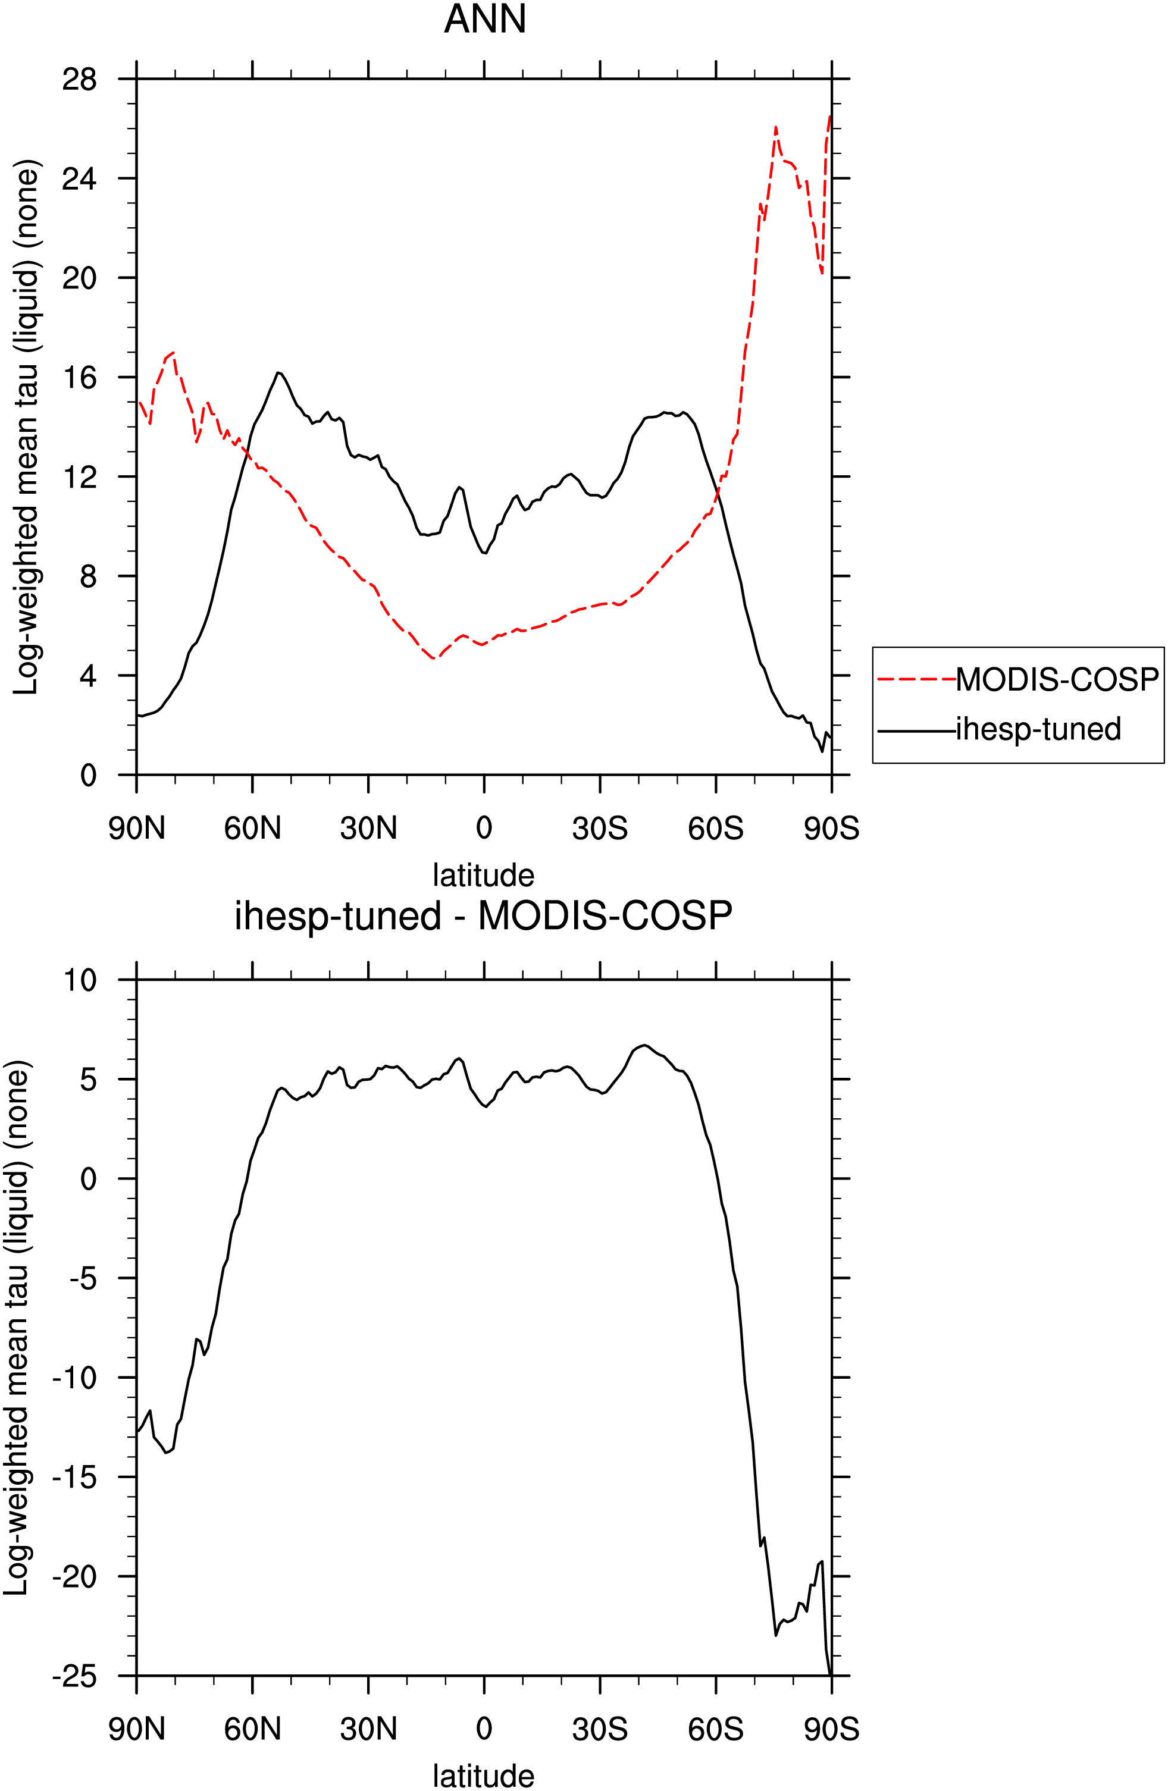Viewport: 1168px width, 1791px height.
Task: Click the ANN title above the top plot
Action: pos(485,19)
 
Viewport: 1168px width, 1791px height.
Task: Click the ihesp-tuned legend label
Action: pos(1038,729)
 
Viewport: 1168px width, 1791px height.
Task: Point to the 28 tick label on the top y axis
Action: pos(80,79)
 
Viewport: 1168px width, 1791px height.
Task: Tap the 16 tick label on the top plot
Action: pos(80,377)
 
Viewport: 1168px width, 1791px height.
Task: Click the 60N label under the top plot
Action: pos(252,829)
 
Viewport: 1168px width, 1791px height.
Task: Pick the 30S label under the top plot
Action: pos(600,829)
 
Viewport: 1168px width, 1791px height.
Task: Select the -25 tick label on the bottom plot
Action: pos(74,1676)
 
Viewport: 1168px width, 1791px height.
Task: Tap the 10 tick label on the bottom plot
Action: pos(80,980)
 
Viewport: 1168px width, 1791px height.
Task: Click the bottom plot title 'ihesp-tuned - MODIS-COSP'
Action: pos(483,916)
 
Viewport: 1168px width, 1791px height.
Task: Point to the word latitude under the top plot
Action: pos(483,875)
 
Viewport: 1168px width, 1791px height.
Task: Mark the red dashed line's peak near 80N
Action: pos(173,352)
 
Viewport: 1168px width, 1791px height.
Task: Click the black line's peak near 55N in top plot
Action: pos(278,372)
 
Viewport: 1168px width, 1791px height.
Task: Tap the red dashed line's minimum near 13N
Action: pos(434,659)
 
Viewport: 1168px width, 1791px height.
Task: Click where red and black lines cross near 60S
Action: pos(717,492)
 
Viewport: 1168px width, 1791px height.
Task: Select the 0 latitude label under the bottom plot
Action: pos(484,1729)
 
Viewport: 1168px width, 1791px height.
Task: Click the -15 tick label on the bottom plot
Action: pos(74,1476)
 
